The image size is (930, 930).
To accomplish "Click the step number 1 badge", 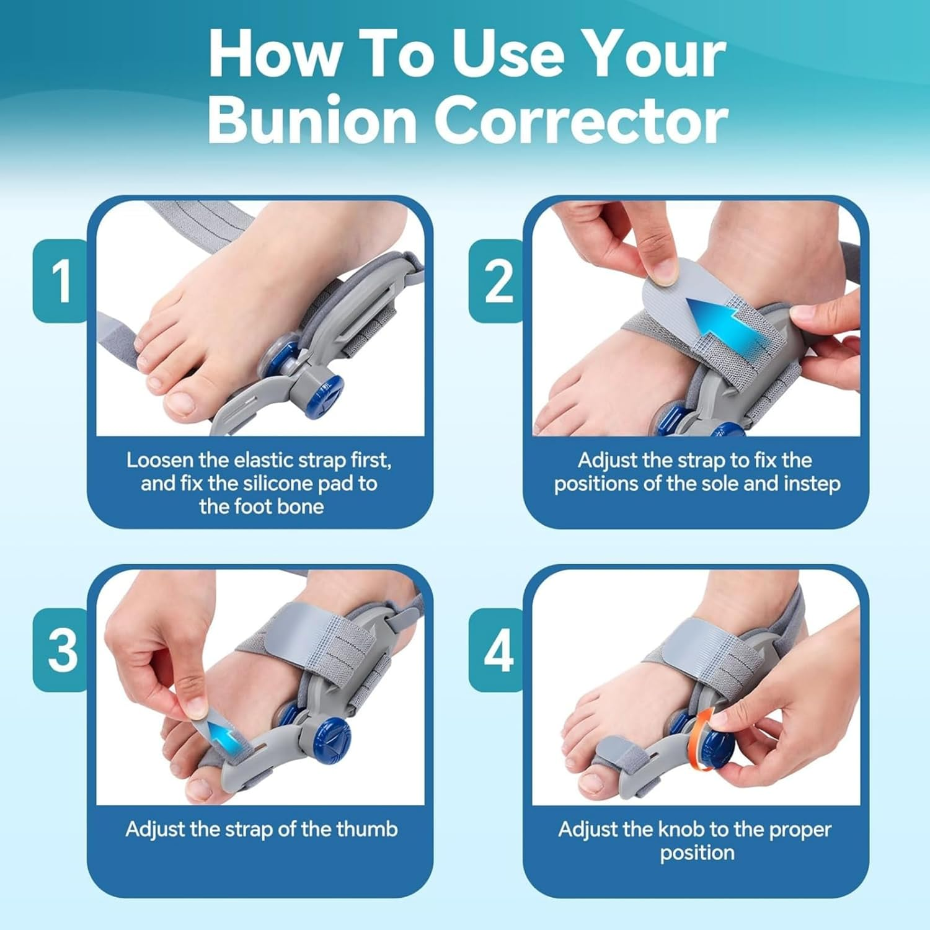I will pos(61,281).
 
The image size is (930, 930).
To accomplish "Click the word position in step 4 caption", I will pos(697,852).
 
